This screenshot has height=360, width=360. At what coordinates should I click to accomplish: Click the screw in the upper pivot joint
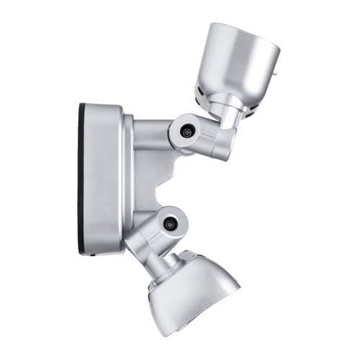pos(187,132)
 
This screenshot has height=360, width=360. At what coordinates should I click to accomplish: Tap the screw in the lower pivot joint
pos(170,224)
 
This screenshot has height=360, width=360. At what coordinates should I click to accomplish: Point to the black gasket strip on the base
pos(81,180)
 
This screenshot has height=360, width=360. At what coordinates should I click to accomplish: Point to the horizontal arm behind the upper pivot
pos(151,134)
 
